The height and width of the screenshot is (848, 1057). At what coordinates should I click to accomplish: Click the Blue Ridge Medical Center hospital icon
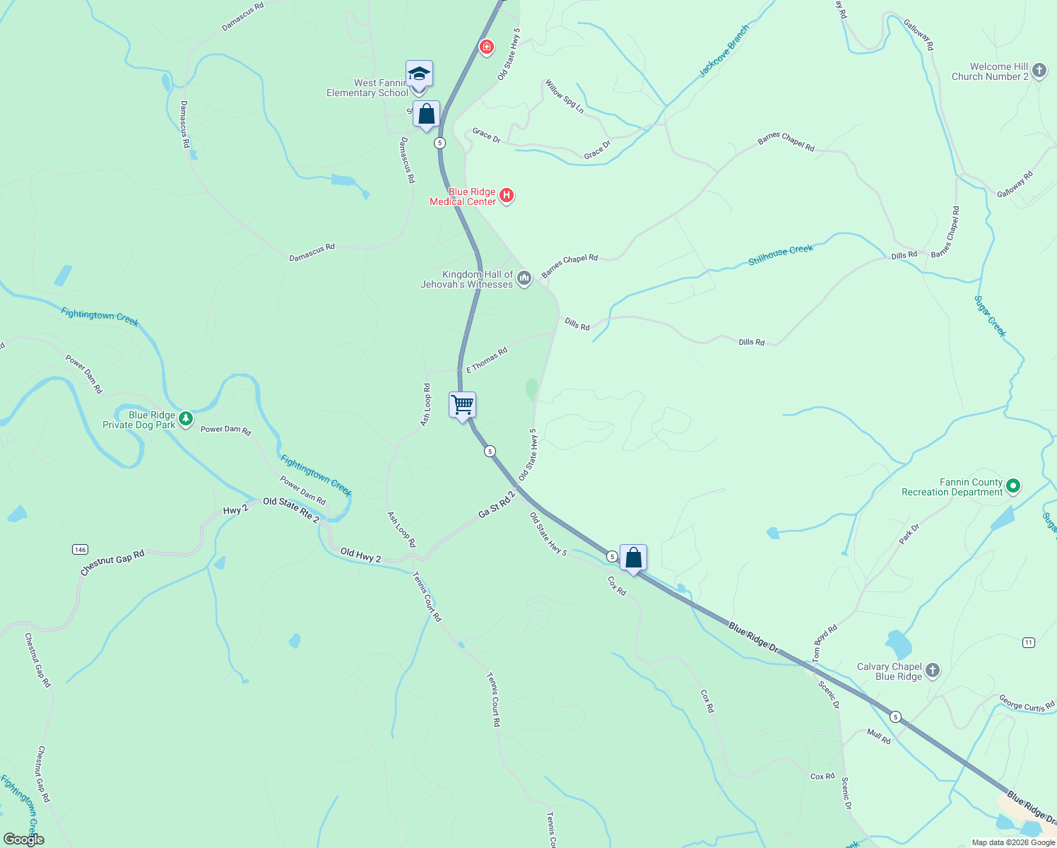pyautogui.click(x=507, y=196)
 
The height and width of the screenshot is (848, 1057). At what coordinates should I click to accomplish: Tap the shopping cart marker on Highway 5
pyautogui.click(x=462, y=406)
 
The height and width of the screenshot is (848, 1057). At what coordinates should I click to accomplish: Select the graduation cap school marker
pyautogui.click(x=419, y=74)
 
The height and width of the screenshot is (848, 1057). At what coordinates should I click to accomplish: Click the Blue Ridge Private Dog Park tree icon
pyautogui.click(x=186, y=419)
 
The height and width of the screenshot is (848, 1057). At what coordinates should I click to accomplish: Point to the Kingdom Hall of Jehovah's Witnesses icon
pyautogui.click(x=524, y=278)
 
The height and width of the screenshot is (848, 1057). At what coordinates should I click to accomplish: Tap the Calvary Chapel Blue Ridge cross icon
pyautogui.click(x=933, y=671)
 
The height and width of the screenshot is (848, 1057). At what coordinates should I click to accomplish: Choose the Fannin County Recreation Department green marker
pyautogui.click(x=1013, y=485)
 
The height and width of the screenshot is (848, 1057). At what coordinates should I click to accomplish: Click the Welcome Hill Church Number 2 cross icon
pyautogui.click(x=1039, y=71)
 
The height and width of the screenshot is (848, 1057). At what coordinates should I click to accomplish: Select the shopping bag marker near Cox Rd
pyautogui.click(x=633, y=558)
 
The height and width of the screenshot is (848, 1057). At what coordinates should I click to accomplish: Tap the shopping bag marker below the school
pyautogui.click(x=426, y=114)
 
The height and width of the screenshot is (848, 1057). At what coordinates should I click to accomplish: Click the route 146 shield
pyautogui.click(x=80, y=549)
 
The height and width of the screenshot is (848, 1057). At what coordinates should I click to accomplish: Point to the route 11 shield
pyautogui.click(x=1029, y=642)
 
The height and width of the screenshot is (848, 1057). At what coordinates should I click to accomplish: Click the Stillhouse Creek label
pyautogui.click(x=781, y=254)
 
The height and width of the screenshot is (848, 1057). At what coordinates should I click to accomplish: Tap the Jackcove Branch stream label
pyautogui.click(x=724, y=52)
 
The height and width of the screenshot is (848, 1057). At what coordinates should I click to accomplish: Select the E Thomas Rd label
pyautogui.click(x=487, y=360)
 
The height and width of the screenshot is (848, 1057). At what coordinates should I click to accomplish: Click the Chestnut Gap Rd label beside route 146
pyautogui.click(x=112, y=563)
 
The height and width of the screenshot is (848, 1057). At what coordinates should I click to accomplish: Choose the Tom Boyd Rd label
pyautogui.click(x=825, y=643)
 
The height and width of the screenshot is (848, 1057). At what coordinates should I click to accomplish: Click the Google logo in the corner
pyautogui.click(x=23, y=840)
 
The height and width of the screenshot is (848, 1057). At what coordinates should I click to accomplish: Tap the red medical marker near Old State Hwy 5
pyautogui.click(x=486, y=47)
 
